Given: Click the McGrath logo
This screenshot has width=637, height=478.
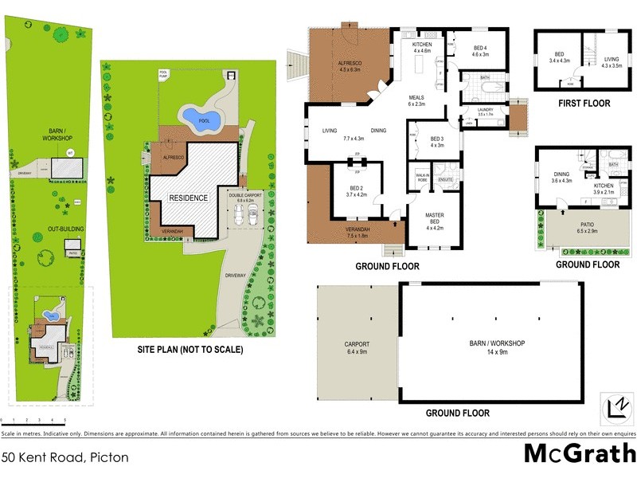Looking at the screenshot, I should (x=579, y=454).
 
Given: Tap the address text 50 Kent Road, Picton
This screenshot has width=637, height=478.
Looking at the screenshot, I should (x=64, y=457).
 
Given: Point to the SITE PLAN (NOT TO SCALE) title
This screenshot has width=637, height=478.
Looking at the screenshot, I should (x=179, y=349).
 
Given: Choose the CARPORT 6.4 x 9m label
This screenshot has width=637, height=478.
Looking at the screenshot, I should (x=357, y=347).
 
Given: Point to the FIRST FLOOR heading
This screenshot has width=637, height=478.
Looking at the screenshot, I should (x=584, y=104).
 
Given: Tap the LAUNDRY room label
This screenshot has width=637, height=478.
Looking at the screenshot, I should (x=486, y=112).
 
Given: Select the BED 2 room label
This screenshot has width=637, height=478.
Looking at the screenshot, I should (x=356, y=190).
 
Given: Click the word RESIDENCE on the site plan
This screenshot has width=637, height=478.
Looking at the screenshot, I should (x=188, y=198).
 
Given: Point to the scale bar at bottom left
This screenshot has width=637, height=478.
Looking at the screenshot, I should (x=33, y=420).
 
